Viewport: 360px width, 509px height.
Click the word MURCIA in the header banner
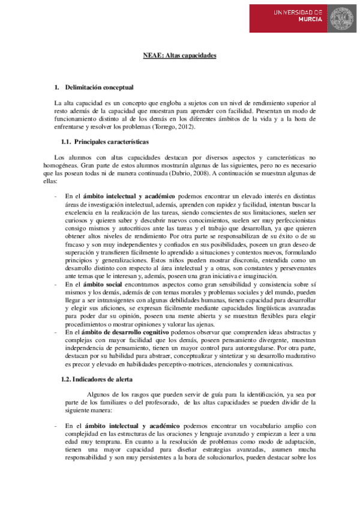point(310,19)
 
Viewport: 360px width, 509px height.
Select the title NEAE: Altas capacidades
point(179,56)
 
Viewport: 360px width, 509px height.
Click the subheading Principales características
point(114,142)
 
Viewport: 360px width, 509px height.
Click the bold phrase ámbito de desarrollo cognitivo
point(136,331)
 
